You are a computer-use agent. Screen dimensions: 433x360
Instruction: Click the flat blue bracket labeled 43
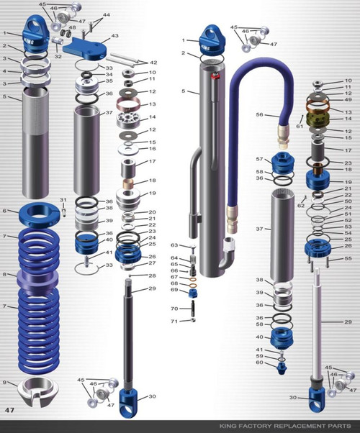click(x=84, y=49)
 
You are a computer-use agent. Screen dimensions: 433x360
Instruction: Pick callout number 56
click(x=261, y=114)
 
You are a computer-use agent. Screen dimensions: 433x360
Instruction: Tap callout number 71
click(x=174, y=321)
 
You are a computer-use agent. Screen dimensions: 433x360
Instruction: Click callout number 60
click(x=260, y=363)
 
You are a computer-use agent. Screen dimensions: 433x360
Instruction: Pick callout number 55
click(x=348, y=257)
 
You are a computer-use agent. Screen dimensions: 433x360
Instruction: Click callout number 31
click(x=63, y=199)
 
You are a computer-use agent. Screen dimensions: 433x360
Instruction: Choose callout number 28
click(x=152, y=275)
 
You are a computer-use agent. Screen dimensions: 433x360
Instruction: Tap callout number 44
click(x=107, y=15)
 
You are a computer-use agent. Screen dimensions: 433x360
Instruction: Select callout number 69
click(x=174, y=290)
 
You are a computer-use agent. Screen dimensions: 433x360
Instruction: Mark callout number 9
click(x=5, y=383)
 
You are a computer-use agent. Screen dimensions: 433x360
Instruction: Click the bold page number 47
click(x=10, y=409)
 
